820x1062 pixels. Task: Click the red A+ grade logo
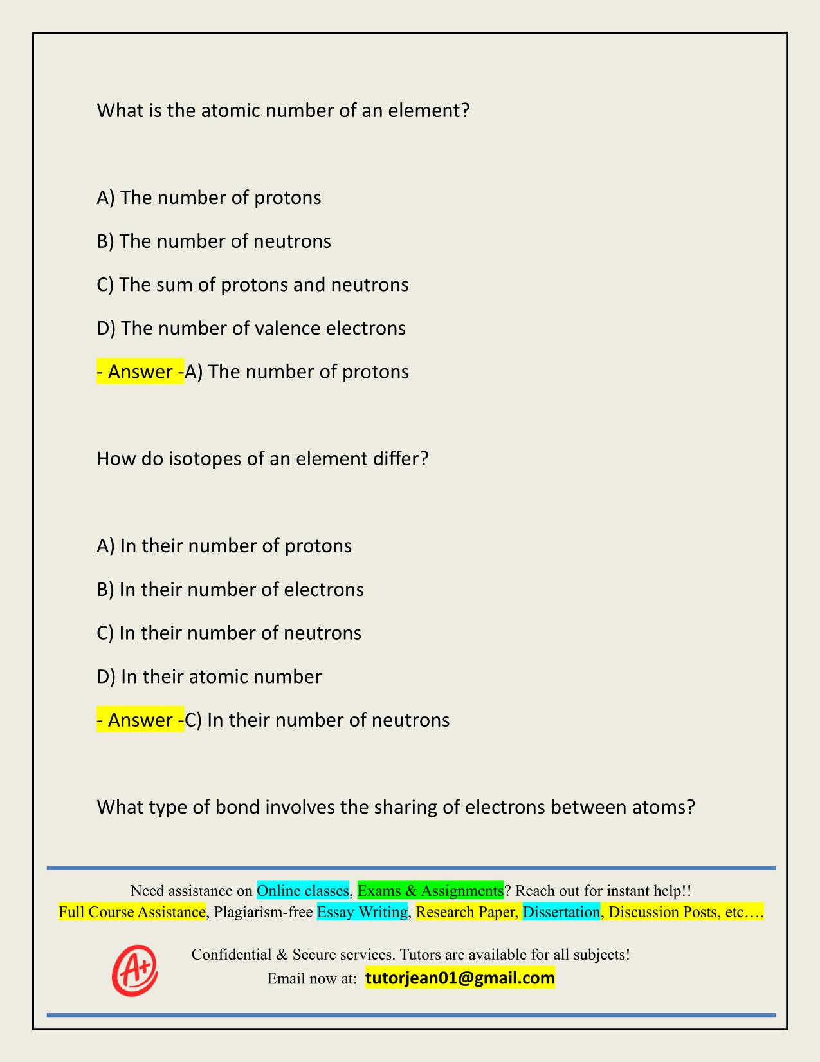[x=135, y=971]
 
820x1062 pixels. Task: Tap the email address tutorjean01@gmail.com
[x=460, y=978]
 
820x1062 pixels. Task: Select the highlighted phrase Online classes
[x=303, y=891]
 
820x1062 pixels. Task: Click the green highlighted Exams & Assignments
[x=430, y=891]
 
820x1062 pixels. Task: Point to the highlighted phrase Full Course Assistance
[x=132, y=912]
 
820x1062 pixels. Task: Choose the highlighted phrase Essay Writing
[x=363, y=912]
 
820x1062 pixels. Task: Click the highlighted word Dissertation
[x=561, y=912]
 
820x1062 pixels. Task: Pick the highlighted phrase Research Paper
[x=466, y=912]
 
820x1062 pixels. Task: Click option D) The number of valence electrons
[x=251, y=328]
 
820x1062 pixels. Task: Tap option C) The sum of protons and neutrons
[x=252, y=284]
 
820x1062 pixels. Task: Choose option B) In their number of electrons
[x=230, y=590]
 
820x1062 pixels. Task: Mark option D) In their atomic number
[x=209, y=676]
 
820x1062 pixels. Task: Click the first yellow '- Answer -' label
[x=140, y=372]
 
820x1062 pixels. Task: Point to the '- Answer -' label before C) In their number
[x=140, y=720]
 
